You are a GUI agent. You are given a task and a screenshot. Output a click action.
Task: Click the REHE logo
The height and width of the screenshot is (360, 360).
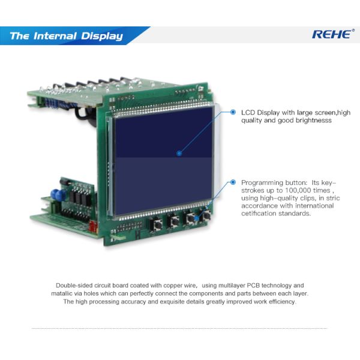pos(331,34)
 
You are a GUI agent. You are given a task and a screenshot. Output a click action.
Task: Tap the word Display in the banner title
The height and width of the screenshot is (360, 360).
pos(102,36)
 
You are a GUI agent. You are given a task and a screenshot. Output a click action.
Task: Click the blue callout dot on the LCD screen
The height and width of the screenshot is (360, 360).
pos(179,154)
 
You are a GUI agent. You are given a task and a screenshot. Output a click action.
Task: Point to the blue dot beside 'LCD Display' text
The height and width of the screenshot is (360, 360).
pos(233,112)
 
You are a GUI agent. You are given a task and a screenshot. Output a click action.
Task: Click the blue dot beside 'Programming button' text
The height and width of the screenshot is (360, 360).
pos(233,181)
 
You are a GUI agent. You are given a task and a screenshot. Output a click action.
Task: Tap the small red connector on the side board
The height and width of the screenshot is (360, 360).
pos(91,226)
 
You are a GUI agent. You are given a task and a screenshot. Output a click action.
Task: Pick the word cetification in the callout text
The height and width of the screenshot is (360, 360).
pos(261,213)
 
